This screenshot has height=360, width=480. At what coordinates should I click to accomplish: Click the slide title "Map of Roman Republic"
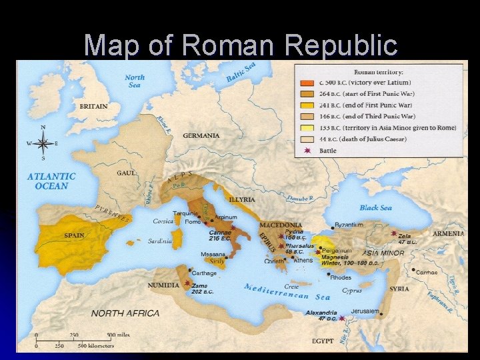[241, 45]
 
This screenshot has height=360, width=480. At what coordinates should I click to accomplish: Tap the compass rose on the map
[43, 143]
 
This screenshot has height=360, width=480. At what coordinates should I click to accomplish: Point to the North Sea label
[135, 81]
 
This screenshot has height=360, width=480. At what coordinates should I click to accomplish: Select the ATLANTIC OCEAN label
[51, 181]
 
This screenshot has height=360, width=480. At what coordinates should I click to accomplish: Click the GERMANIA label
[201, 135]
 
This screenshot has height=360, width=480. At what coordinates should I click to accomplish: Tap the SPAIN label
[74, 235]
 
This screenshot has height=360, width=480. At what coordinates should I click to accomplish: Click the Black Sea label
[376, 208]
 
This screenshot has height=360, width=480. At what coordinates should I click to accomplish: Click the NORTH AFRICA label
[125, 313]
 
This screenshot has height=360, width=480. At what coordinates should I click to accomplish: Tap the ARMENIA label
[448, 234]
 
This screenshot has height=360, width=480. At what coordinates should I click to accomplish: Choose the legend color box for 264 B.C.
[307, 94]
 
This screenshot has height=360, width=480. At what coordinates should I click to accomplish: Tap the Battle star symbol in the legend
[306, 151]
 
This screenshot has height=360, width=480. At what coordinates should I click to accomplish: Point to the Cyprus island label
[352, 291]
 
